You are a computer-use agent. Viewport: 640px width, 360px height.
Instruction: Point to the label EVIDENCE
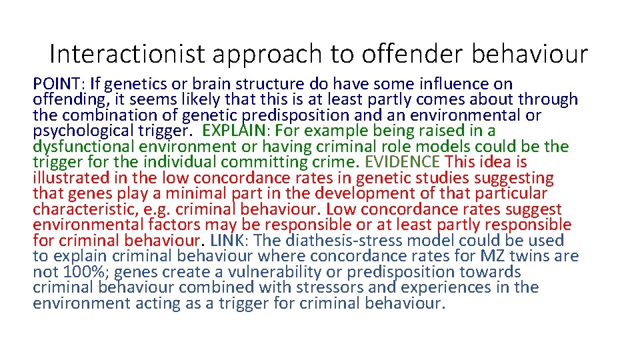(402, 162)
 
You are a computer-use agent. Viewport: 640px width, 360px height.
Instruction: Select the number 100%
(80, 272)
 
